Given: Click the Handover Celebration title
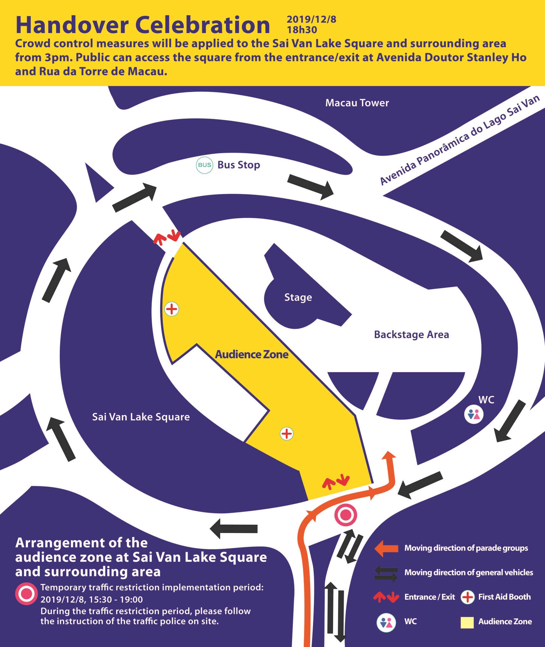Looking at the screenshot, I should tap(143, 25).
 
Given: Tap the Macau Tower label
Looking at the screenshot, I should tap(357, 103).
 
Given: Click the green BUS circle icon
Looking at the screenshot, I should tap(204, 165).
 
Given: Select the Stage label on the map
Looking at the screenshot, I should tap(298, 297).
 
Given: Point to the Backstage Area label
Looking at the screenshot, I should tap(411, 334).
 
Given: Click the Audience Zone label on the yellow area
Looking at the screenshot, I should tap(252, 354).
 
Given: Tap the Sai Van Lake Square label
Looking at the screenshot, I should tap(141, 417).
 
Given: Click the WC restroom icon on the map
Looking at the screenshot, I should tap(474, 414).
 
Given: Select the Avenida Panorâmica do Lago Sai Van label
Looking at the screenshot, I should tap(460, 140).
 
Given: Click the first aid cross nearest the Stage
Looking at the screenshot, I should tap(172, 309).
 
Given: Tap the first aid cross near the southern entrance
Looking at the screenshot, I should tap(287, 433).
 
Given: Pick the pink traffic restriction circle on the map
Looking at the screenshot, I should tap(346, 515).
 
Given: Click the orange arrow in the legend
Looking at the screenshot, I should tap(386, 548).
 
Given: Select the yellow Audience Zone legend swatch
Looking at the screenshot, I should tap(467, 622).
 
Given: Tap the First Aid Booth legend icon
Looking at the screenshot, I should tap(468, 597).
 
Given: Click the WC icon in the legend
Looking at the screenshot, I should tap(386, 622).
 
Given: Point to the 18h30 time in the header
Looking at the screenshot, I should tap(302, 30).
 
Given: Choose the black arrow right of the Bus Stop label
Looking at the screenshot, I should tap(311, 186).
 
